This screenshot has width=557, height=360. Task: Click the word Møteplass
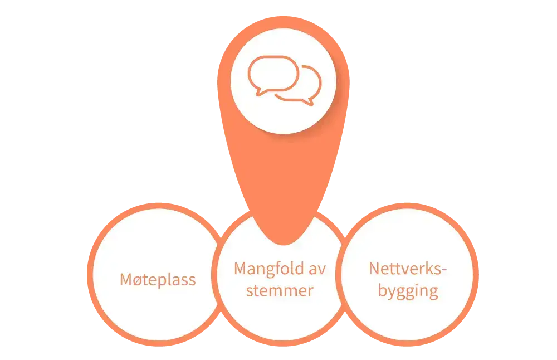(158, 279)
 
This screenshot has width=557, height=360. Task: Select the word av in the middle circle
(316, 269)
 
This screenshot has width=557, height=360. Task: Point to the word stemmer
(280, 291)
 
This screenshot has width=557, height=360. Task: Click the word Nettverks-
(408, 269)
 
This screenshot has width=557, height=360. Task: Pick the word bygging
(408, 291)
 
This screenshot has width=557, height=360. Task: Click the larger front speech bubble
(273, 72)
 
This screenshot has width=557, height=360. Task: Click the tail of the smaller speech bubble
(309, 102)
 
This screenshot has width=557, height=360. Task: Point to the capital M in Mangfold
(240, 269)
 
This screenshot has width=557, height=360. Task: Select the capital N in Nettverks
(374, 269)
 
